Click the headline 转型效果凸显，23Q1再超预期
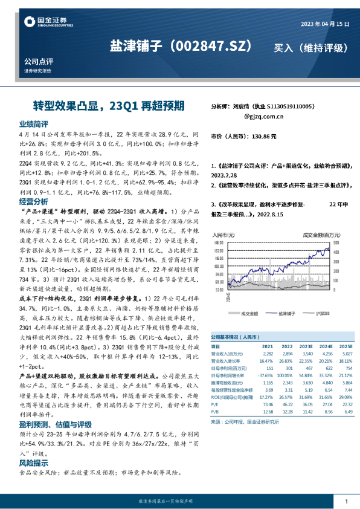coord(101,105)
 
